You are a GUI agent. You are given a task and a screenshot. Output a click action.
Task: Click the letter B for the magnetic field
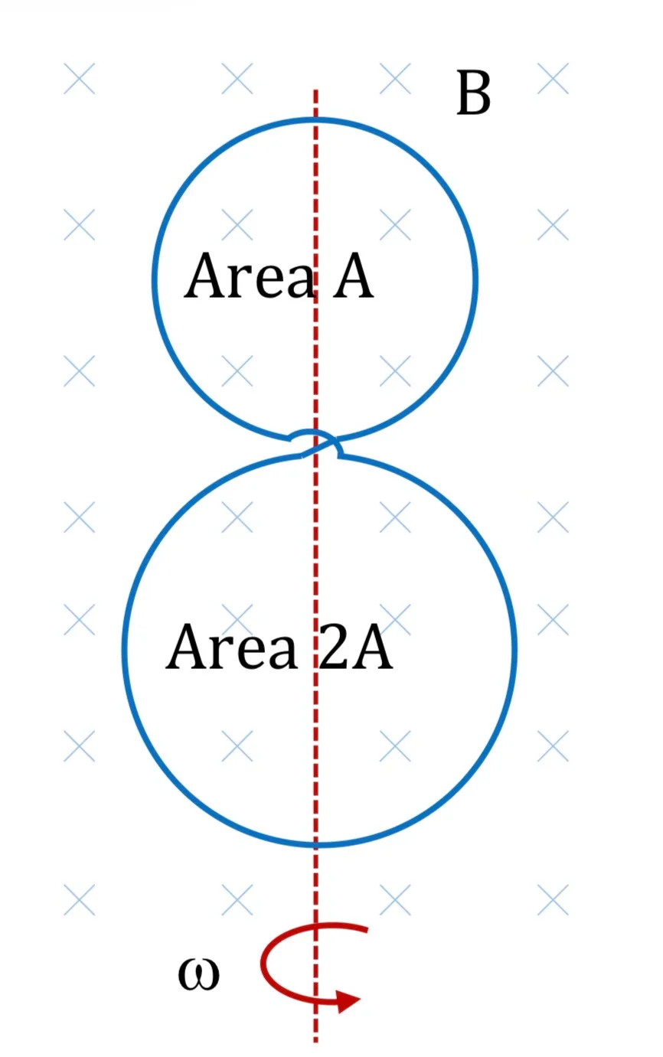point(473,93)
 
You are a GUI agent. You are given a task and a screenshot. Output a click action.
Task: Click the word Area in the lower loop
point(232,647)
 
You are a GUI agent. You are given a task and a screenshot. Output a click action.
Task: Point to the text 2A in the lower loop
point(355,647)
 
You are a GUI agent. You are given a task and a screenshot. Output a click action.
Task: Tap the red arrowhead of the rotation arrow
point(348,1000)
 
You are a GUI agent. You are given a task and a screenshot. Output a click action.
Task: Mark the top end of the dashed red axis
point(315,90)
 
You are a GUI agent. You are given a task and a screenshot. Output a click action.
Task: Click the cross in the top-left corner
point(80,78)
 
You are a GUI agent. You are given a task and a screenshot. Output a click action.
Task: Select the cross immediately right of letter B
point(553,78)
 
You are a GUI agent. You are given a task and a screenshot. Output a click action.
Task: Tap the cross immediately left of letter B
point(395,78)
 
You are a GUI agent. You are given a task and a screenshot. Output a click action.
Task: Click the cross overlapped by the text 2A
point(395,619)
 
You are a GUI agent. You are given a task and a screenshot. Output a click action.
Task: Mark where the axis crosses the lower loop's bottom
point(315,844)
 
